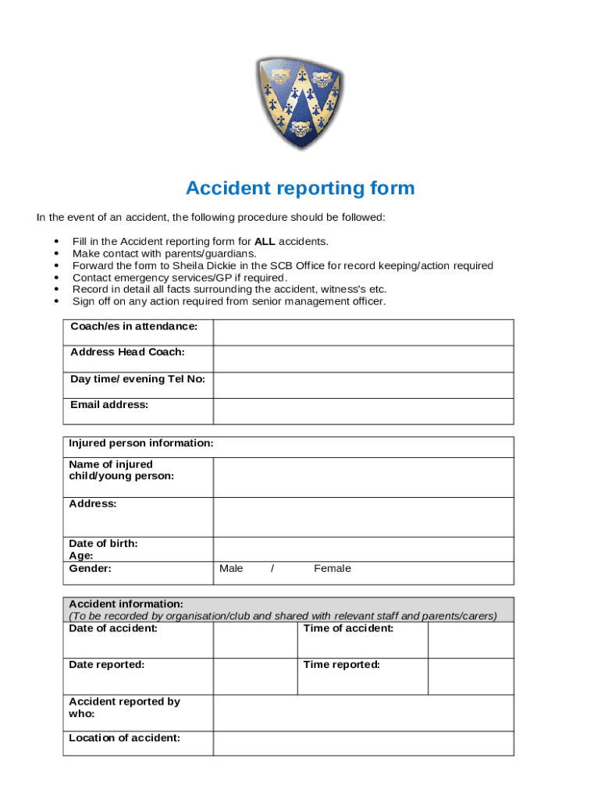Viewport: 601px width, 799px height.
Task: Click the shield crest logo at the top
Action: click(x=300, y=104)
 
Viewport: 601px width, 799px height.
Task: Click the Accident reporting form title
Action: click(x=300, y=189)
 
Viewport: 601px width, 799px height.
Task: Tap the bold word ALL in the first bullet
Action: click(x=265, y=242)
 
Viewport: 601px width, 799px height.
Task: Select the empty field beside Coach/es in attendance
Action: click(x=363, y=332)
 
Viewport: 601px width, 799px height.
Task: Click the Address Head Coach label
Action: click(x=127, y=352)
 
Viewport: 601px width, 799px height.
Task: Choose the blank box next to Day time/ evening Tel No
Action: click(x=363, y=385)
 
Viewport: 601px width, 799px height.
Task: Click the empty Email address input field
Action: click(x=363, y=410)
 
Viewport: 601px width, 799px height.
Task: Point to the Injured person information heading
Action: click(x=141, y=443)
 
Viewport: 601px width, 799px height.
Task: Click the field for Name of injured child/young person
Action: click(x=363, y=477)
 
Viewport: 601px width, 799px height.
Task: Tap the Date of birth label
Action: click(x=103, y=543)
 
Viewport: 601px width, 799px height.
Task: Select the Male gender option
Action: click(x=231, y=569)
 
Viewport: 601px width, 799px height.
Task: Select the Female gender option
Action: click(x=333, y=569)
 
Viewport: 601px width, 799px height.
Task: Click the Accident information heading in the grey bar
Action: click(x=126, y=604)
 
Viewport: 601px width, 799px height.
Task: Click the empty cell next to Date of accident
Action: click(x=254, y=640)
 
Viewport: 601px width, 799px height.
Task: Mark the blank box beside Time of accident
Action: click(x=471, y=640)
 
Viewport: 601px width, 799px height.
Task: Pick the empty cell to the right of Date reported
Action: click(x=254, y=676)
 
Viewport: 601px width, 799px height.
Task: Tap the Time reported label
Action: click(x=342, y=665)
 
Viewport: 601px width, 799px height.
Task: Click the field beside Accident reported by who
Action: click(x=363, y=712)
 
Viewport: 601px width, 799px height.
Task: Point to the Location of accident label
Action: click(x=125, y=738)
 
